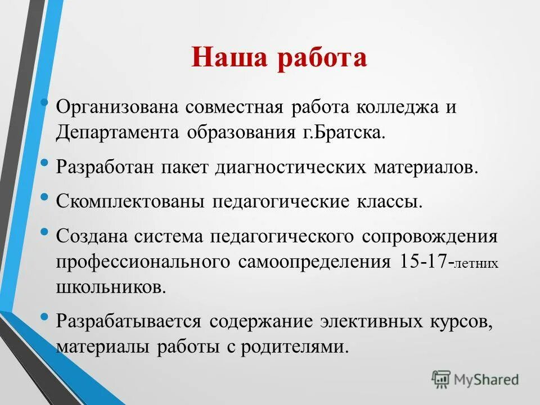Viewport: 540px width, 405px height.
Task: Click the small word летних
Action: coord(476,264)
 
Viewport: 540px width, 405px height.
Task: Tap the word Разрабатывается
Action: coord(129,321)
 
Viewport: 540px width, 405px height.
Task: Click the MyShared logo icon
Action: coord(441,379)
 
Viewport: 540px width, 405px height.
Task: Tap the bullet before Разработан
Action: coord(45,163)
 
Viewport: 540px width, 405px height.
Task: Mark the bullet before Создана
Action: coord(45,231)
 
